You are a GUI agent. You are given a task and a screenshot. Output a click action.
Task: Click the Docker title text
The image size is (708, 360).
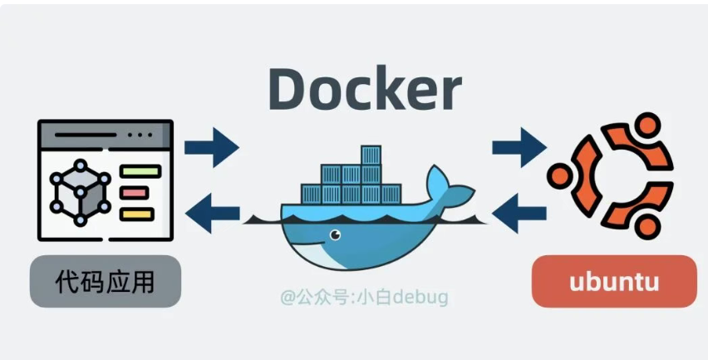pyautogui.click(x=364, y=88)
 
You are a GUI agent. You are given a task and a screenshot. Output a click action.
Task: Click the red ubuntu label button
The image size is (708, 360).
pyautogui.click(x=614, y=282)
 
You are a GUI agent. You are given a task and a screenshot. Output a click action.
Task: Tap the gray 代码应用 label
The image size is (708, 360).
pyautogui.click(x=106, y=282)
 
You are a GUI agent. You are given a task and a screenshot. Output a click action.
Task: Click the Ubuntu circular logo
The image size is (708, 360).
pyautogui.click(x=611, y=175)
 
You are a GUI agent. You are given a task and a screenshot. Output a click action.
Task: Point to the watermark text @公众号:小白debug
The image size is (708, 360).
pyautogui.click(x=363, y=296)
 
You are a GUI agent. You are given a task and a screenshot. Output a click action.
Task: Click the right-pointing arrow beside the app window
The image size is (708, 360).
pyautogui.click(x=211, y=147)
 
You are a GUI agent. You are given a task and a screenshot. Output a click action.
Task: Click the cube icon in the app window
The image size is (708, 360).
pyautogui.click(x=80, y=192)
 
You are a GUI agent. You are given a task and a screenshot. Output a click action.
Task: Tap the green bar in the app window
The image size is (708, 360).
pyautogui.click(x=139, y=172)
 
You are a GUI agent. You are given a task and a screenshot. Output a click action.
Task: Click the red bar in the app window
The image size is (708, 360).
pyautogui.click(x=134, y=193)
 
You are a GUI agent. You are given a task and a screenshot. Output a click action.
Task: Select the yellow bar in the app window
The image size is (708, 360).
pyautogui.click(x=137, y=215)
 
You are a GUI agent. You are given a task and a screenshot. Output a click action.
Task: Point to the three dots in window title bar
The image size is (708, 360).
pyautogui.click(x=140, y=134)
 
